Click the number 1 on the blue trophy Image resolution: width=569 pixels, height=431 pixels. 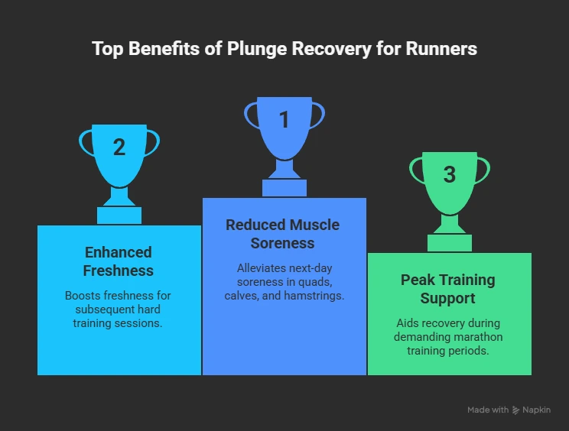point(284,120)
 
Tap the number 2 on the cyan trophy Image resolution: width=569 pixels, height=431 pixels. point(119,147)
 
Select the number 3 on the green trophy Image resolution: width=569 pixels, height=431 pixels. point(450,174)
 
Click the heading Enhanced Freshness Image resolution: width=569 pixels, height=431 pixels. point(119,261)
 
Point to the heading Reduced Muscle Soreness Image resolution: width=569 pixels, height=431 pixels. point(282,234)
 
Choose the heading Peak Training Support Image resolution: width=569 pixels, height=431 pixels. point(448,289)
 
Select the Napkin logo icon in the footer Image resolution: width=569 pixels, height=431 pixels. point(517,410)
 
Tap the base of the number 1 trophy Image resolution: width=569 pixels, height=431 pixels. point(284,187)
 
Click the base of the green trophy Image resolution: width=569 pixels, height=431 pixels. point(450,242)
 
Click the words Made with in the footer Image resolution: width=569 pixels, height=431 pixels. point(488,410)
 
